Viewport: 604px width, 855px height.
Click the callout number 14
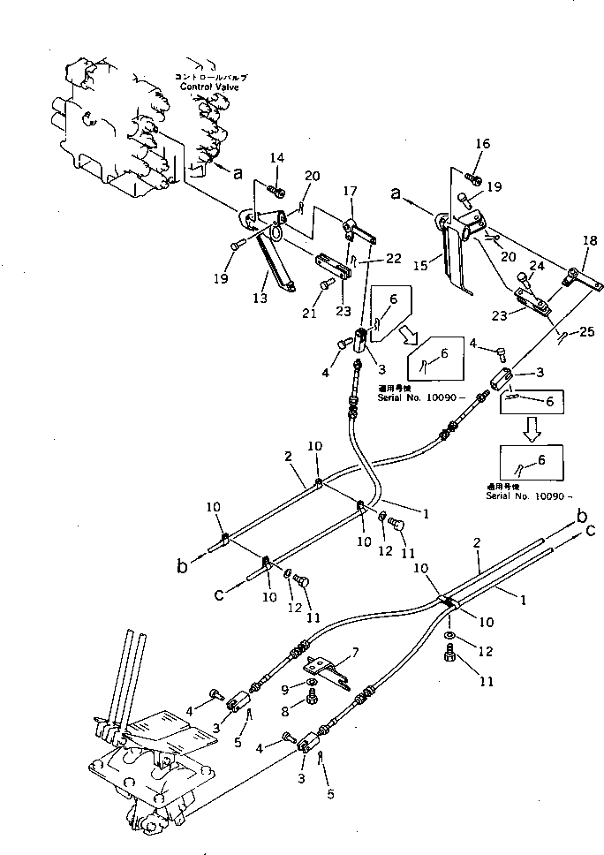276,158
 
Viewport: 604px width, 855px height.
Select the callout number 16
481,144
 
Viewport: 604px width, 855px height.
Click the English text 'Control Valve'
213,87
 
